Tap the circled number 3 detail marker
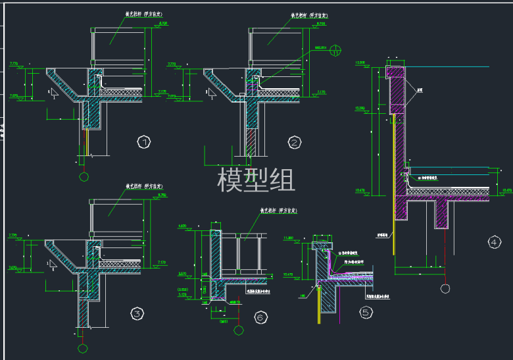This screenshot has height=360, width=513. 137,314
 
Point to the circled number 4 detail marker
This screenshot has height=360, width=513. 494,242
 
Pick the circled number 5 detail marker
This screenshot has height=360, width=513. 366,313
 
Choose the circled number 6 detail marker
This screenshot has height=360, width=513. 260,318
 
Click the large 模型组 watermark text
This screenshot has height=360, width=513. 256,179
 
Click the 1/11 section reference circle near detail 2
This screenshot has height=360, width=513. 336,49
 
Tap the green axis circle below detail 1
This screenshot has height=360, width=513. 84,176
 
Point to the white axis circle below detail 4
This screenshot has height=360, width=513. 445,288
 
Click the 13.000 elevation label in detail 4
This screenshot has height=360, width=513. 360,63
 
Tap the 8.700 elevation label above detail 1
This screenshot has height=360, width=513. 163,24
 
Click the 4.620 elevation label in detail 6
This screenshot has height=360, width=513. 182,226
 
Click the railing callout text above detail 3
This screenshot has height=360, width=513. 145,186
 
